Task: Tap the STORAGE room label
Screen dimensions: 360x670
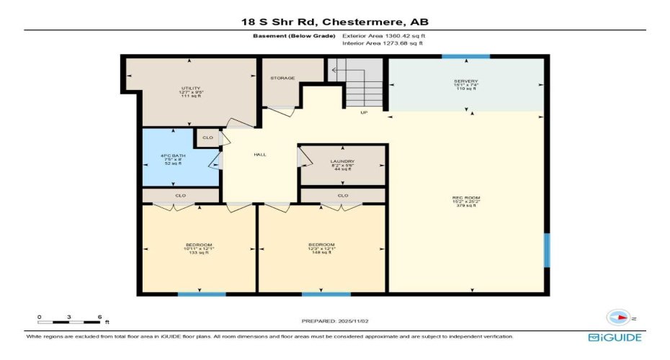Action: pyautogui.click(x=282, y=78)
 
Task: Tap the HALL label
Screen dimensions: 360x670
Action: pyautogui.click(x=261, y=155)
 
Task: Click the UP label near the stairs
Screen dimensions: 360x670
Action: pyautogui.click(x=365, y=112)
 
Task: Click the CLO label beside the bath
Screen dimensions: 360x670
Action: pyautogui.click(x=207, y=137)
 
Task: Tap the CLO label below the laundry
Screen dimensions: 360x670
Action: pyautogui.click(x=343, y=195)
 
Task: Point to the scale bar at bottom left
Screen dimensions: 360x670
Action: pyautogui.click(x=69, y=321)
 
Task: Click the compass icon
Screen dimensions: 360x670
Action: pyautogui.click(x=619, y=318)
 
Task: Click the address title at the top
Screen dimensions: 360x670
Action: pyautogui.click(x=334, y=22)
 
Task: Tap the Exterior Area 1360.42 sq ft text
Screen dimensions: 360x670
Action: pyautogui.click(x=389, y=35)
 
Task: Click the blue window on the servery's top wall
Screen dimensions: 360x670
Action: pyautogui.click(x=465, y=56)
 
